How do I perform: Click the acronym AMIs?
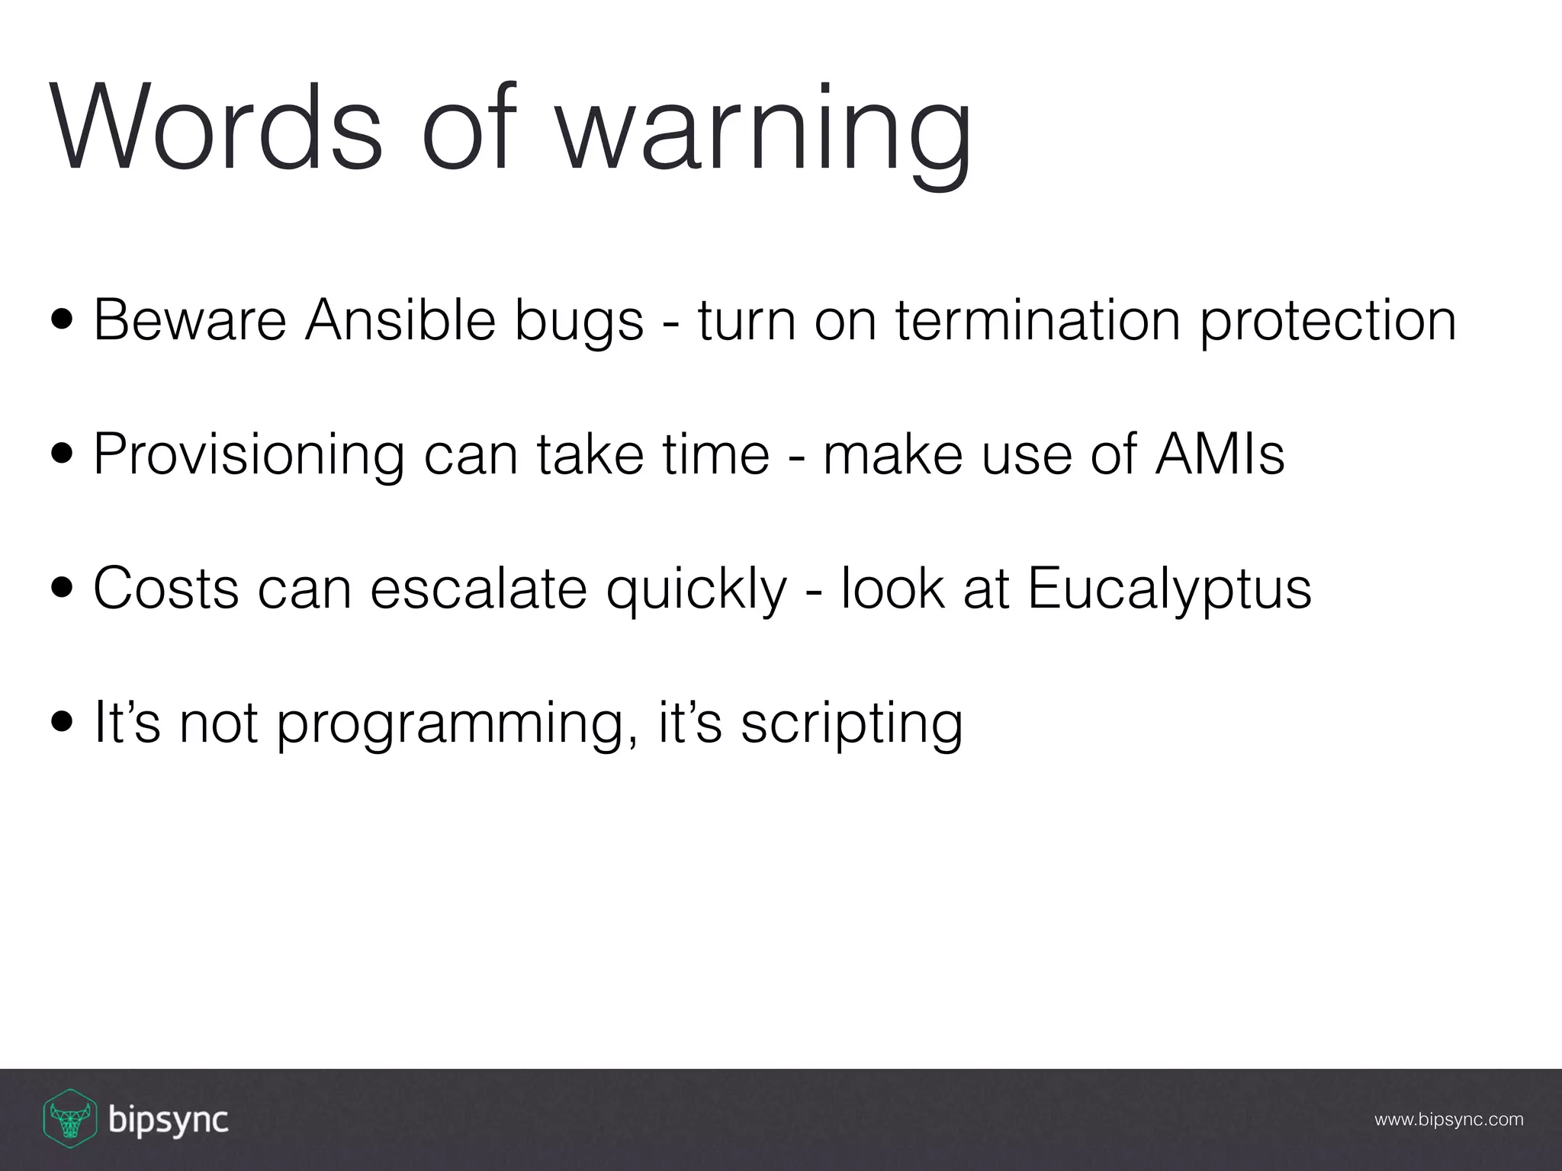coord(1220,454)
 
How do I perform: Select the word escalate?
coord(478,589)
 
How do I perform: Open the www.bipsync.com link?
coord(1448,1120)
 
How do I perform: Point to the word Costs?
coord(166,589)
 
